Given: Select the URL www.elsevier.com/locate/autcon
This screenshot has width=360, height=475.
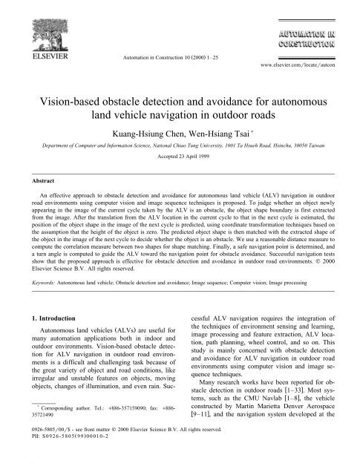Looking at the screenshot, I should coord(304,55).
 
